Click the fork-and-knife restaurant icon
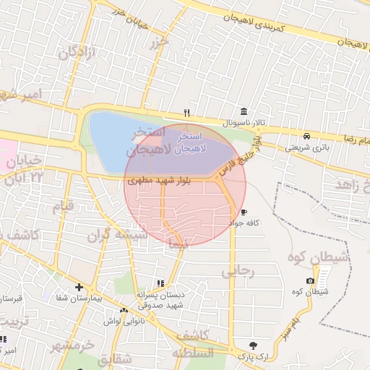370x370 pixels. (x=186, y=113)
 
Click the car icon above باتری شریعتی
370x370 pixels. (x=307, y=135)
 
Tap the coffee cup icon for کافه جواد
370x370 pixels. (x=244, y=212)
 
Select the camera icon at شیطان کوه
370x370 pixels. (x=310, y=280)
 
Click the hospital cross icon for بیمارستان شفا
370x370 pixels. (x=79, y=287)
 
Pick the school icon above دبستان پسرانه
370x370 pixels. (x=160, y=284)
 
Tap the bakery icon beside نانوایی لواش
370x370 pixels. (x=124, y=310)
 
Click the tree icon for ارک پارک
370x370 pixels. (x=252, y=345)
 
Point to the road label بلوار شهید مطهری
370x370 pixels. (x=159, y=181)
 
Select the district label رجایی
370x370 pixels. (x=238, y=271)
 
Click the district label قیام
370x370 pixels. (x=63, y=207)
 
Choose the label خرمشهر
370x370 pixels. (x=72, y=345)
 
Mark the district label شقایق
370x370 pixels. (x=114, y=358)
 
